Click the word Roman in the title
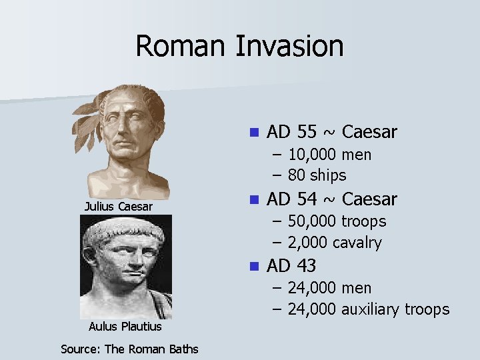180,47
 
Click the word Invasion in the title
289,47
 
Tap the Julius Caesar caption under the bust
119,207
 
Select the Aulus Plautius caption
125,327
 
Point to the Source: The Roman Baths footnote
129,349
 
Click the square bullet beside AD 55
253,132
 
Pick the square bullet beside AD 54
253,199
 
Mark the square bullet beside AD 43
253,265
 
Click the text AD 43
291,265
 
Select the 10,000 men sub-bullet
330,155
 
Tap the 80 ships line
317,175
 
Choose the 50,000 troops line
337,221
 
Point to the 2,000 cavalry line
335,243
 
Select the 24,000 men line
330,288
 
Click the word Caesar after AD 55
369,132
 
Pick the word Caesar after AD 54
369,199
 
